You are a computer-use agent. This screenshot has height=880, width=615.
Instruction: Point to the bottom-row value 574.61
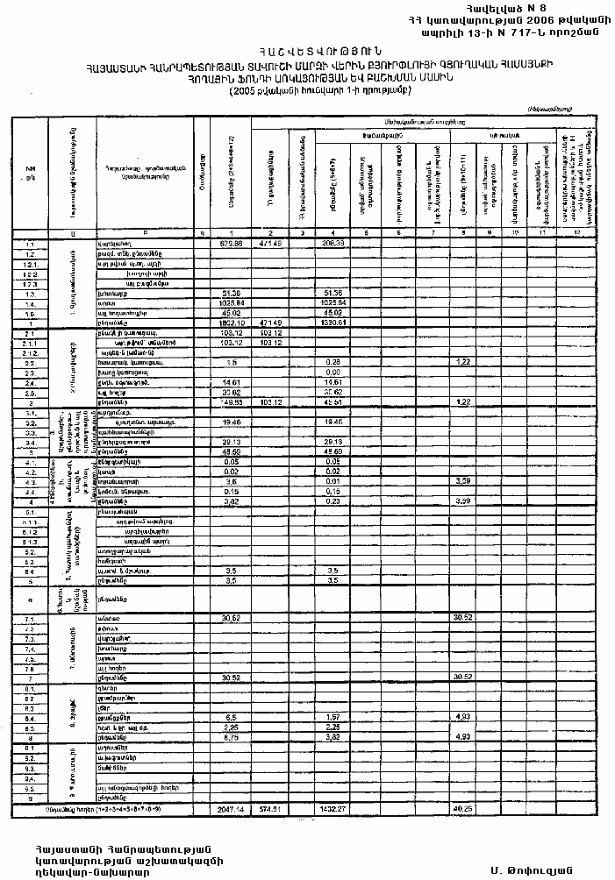pyautogui.click(x=269, y=809)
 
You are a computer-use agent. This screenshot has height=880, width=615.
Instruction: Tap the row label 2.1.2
pyautogui.click(x=30, y=352)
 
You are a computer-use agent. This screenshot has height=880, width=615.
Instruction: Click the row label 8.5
pyautogui.click(x=30, y=727)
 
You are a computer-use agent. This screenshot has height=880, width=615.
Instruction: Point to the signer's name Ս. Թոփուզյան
pyautogui.click(x=533, y=869)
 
